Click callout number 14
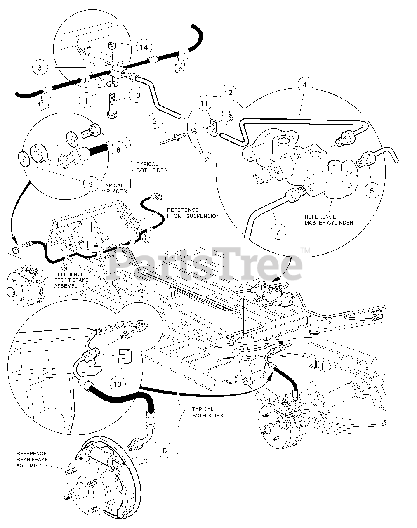coord(143,47)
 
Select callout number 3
coord(40,68)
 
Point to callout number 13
coord(136,95)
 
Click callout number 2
coord(155,121)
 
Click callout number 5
coord(372,190)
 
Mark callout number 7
coord(278,232)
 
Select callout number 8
coord(118,150)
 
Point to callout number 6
coord(165,450)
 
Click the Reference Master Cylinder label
coord(329,220)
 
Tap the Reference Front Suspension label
coord(193,213)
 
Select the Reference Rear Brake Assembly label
coord(32,459)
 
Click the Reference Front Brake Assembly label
coord(69,280)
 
